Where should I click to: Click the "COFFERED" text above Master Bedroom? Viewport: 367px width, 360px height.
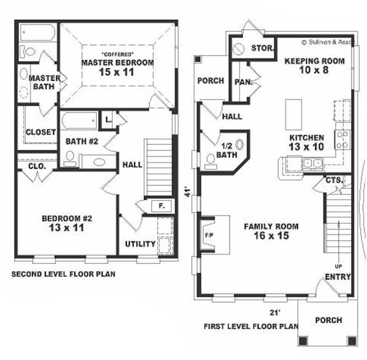click(117, 53)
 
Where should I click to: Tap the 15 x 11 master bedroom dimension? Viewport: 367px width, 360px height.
click(117, 72)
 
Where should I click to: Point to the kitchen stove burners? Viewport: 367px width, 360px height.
click(342, 139)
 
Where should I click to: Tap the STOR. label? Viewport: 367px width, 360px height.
click(262, 48)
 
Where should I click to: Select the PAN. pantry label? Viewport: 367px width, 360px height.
click(243, 83)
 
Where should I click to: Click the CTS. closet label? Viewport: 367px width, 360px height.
click(334, 180)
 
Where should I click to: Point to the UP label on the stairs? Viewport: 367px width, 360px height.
click(338, 265)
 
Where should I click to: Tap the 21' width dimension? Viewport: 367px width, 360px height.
click(275, 313)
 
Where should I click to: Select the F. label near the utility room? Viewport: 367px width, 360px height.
click(162, 205)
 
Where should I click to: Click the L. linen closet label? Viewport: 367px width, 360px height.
click(108, 119)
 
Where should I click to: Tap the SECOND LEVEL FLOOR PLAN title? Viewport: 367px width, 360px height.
click(63, 275)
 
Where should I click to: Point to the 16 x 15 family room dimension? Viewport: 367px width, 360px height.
click(271, 236)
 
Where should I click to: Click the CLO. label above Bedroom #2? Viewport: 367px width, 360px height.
click(37, 166)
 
